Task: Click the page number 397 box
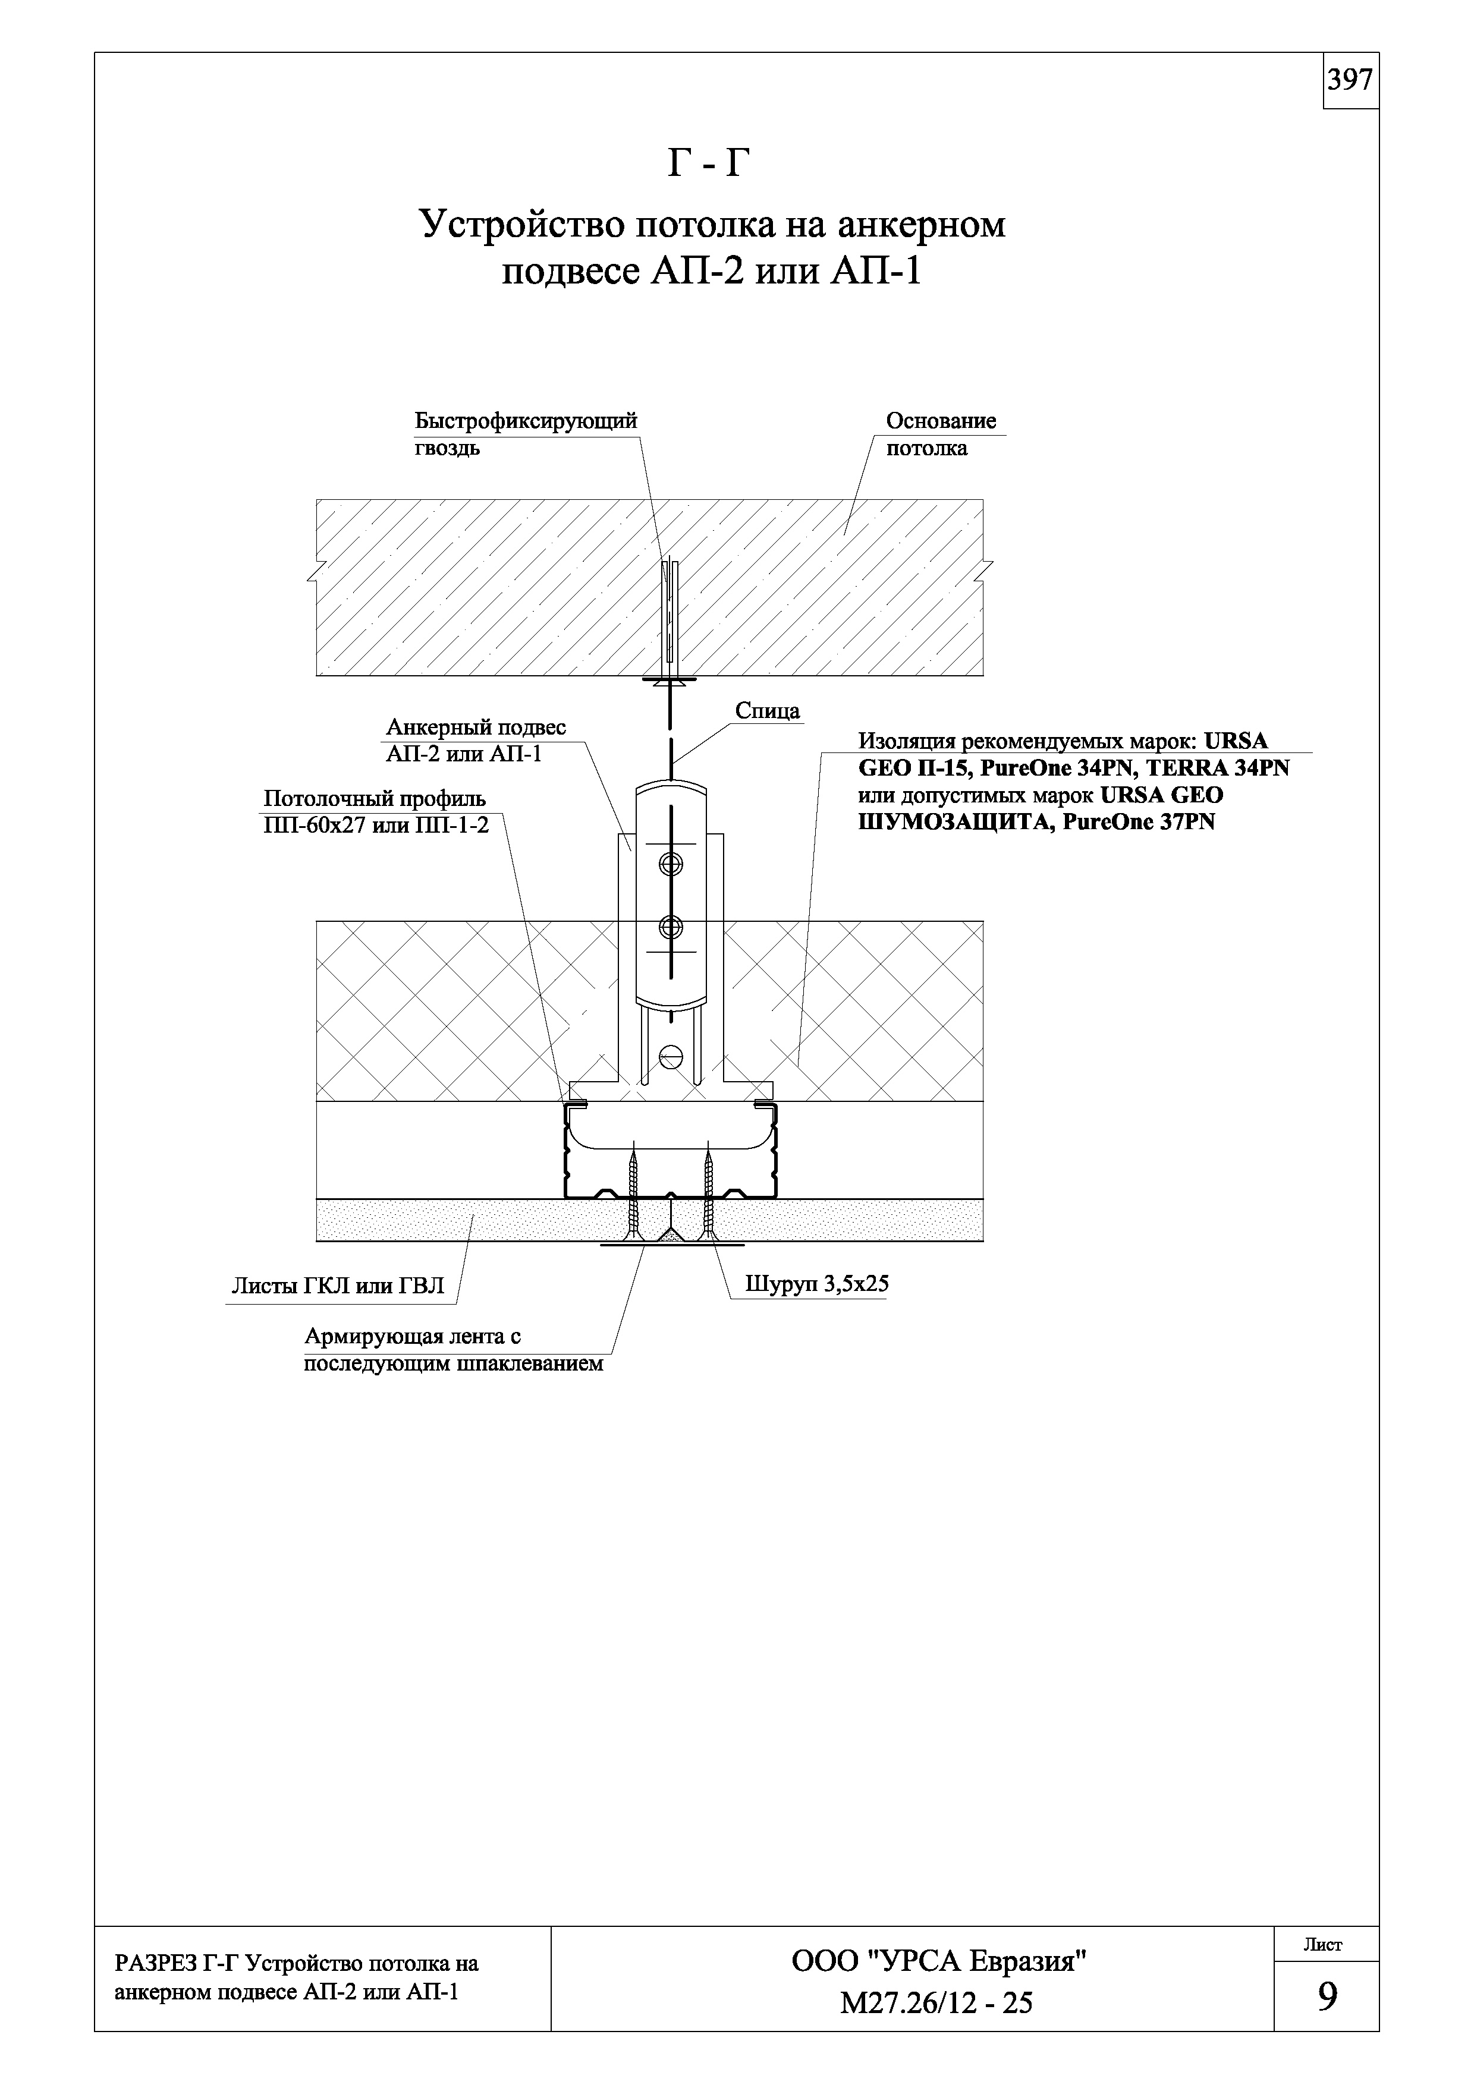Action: point(1350,81)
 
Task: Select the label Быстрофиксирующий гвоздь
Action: point(526,434)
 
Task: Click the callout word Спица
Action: point(768,710)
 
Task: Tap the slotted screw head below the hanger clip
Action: point(671,1056)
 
